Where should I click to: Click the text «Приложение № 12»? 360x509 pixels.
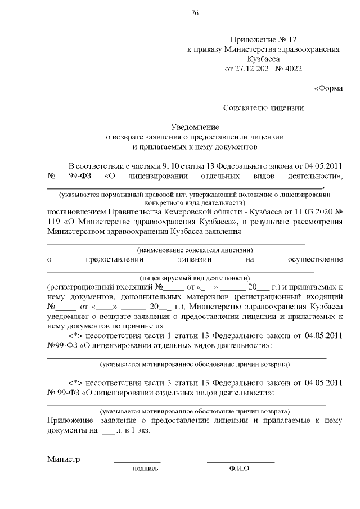coord(263,39)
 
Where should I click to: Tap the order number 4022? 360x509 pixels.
coord(293,70)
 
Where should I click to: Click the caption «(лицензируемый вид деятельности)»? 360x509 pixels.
coord(195,278)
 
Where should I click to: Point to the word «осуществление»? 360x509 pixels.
coord(315,259)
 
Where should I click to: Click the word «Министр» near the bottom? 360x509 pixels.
coord(64,459)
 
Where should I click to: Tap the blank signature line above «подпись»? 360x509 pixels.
coord(137,462)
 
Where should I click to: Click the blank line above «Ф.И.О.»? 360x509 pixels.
coord(240,462)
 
